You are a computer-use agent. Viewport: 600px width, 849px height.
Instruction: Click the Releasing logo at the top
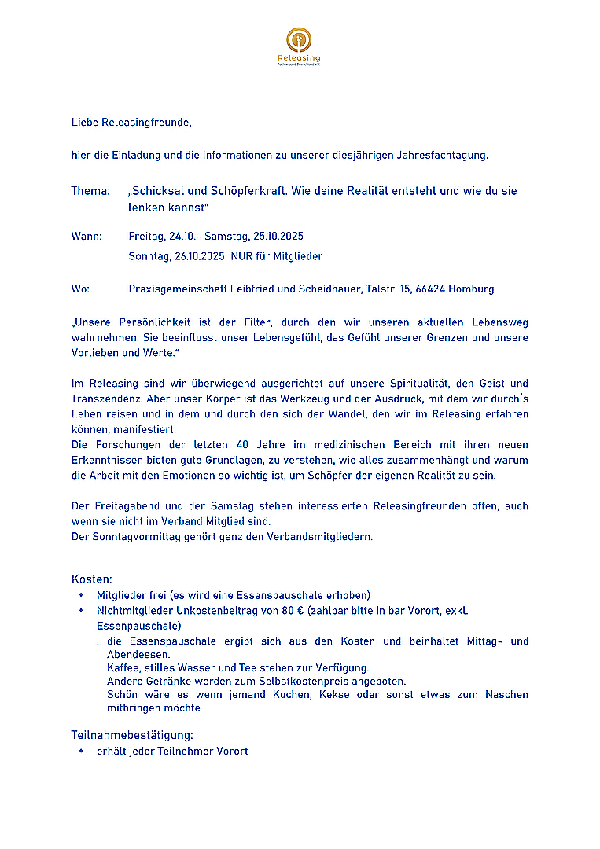click(x=299, y=46)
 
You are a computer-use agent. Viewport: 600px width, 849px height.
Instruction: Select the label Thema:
click(x=90, y=191)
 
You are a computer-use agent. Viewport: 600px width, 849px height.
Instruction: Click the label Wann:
click(x=87, y=237)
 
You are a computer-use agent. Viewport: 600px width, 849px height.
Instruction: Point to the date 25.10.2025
click(x=278, y=237)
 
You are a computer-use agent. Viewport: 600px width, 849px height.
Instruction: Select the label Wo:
click(x=80, y=289)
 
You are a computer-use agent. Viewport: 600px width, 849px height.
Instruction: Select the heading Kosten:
click(x=92, y=579)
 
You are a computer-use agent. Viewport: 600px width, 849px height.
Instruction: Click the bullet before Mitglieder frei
click(x=80, y=595)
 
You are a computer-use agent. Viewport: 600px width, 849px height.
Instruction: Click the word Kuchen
click(x=292, y=695)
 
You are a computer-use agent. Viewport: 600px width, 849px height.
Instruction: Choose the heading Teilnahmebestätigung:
click(x=132, y=735)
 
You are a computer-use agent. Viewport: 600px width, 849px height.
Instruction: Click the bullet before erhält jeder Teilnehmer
click(x=80, y=752)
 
